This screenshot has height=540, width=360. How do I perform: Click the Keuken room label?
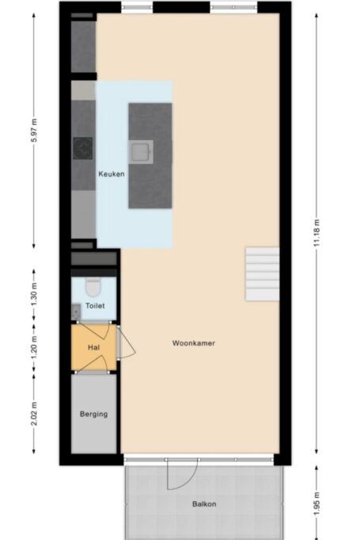pos(111,174)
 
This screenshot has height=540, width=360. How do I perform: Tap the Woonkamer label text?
pos(193,343)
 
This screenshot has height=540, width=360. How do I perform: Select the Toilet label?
pos(94,304)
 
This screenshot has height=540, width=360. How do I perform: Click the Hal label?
pos(93,347)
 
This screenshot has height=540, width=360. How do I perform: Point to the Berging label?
pos(93,413)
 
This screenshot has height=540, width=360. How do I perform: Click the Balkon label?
pos(203,504)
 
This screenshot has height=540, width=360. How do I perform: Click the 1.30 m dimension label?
pos(34,294)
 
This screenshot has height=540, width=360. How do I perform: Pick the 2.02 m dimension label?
pos(34,413)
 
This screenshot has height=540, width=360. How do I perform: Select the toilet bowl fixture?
pos(93,285)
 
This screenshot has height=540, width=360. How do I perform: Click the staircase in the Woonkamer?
pos(262,274)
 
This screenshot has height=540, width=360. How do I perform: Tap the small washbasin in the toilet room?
pos(76,310)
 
